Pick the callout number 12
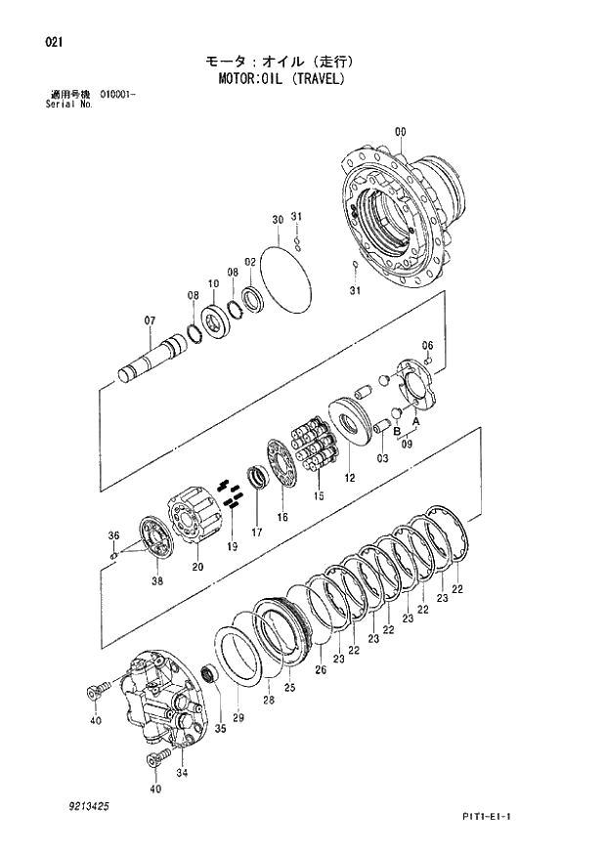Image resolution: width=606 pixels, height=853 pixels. click(349, 478)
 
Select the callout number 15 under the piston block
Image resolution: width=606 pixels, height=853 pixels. click(318, 496)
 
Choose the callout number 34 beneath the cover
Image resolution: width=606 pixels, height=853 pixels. click(181, 773)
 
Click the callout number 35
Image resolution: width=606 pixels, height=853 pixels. click(220, 729)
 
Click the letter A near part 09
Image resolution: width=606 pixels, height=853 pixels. click(416, 421)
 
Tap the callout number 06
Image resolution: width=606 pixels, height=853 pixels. click(427, 346)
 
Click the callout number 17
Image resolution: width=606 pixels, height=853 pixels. click(257, 532)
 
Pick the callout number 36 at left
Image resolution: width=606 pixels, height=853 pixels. click(112, 535)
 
